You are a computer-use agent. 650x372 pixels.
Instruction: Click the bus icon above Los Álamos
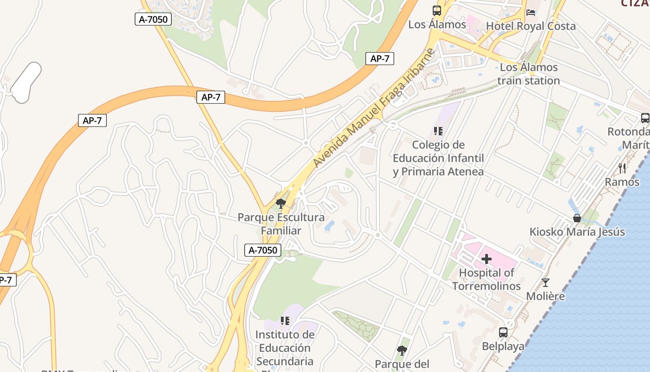click(x=436, y=11)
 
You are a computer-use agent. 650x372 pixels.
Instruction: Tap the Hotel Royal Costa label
click(x=531, y=26)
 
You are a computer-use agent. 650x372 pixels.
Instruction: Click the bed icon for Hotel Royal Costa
click(x=531, y=12)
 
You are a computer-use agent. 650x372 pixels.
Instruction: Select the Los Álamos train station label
click(x=529, y=74)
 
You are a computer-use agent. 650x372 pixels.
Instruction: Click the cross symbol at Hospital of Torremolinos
click(x=486, y=259)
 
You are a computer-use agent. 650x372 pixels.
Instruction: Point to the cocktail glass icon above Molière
click(x=545, y=282)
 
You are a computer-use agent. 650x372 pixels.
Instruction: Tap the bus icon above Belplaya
click(x=503, y=332)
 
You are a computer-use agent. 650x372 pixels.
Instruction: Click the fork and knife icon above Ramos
click(x=622, y=168)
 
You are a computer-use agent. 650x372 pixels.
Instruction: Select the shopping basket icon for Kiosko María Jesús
click(x=577, y=218)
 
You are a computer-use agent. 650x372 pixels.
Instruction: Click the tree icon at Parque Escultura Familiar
click(x=280, y=203)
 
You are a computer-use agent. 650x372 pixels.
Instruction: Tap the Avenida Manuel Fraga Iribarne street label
click(x=374, y=108)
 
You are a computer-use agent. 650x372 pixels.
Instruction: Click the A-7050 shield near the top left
click(x=153, y=19)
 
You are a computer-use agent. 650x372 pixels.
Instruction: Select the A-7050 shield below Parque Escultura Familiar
click(x=263, y=250)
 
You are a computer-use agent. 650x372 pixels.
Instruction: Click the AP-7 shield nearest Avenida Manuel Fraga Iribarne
click(x=379, y=59)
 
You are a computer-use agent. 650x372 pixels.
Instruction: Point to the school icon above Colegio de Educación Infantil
click(x=438, y=131)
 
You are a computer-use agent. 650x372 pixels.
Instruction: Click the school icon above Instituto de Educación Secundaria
click(x=285, y=320)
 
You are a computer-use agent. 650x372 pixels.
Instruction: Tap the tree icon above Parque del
click(x=402, y=350)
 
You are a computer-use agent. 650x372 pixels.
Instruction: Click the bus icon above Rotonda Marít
click(x=645, y=118)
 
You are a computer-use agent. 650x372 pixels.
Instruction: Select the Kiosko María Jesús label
click(x=577, y=232)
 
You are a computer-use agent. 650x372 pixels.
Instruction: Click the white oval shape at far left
click(x=26, y=82)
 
